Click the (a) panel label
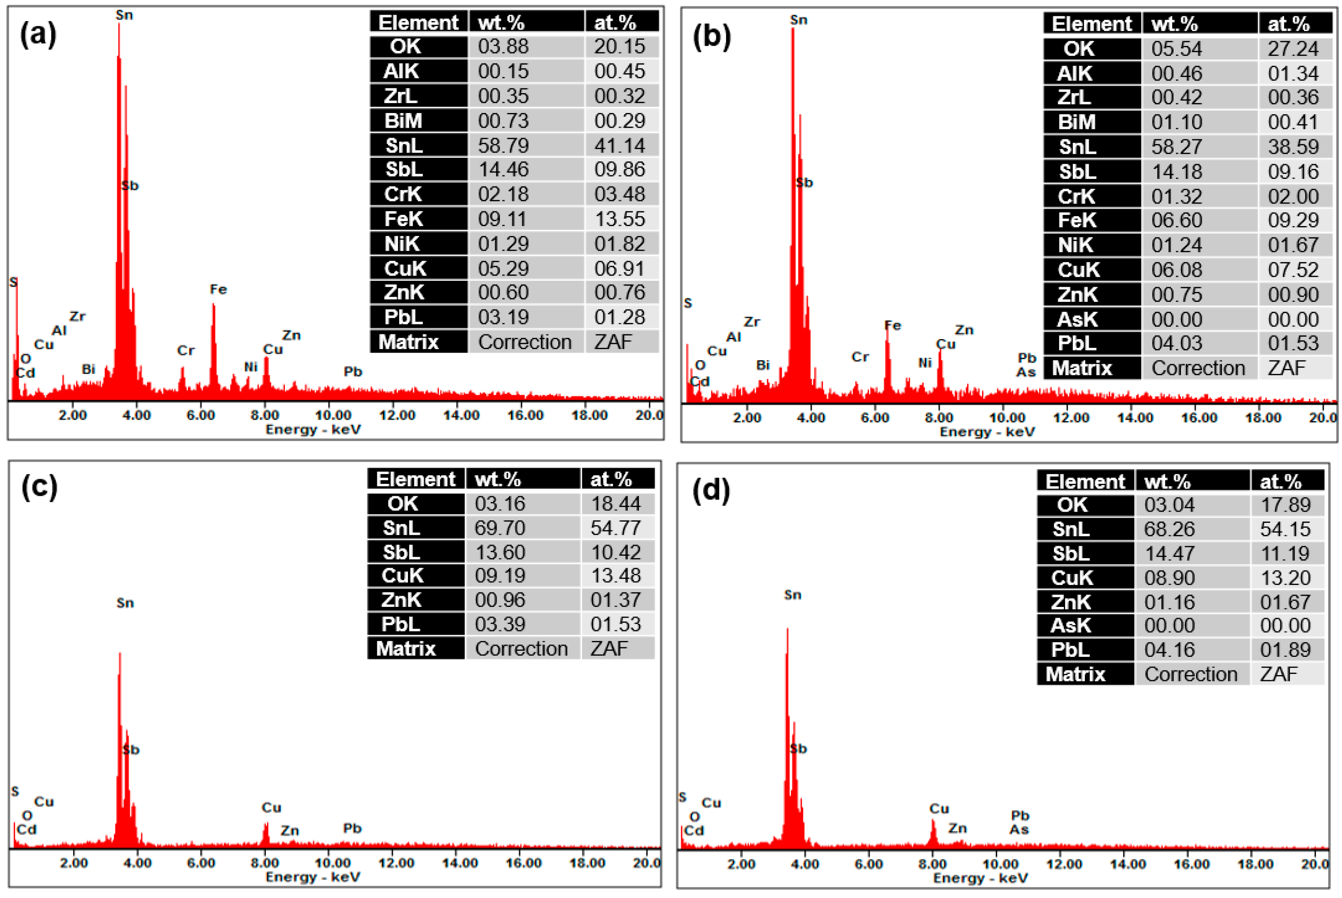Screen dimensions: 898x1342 coord(38,35)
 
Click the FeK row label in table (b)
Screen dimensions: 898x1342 coord(1077,221)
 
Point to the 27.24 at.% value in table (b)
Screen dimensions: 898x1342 coord(1293,49)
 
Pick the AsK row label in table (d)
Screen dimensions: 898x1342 coord(1071,626)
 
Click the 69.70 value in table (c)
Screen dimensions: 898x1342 coord(500,528)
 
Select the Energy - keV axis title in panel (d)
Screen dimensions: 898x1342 coord(981,878)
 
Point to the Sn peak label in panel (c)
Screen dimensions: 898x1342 coord(125,603)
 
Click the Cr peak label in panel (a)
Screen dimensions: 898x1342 coord(186,351)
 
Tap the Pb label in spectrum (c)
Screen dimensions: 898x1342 coord(352,829)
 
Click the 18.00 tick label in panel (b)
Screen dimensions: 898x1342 coord(1263,418)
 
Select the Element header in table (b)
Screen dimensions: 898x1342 coord(1091,24)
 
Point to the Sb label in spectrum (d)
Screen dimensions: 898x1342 coord(798,749)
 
